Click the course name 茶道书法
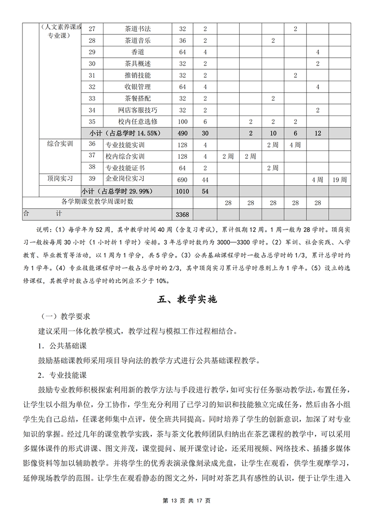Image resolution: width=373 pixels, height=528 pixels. [x=137, y=29]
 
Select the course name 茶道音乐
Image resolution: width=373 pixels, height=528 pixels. [x=137, y=40]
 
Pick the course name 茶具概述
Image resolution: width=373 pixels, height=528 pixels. [x=137, y=64]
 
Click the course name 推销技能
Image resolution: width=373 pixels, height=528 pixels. [x=137, y=75]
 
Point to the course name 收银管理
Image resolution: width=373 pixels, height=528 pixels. [x=137, y=87]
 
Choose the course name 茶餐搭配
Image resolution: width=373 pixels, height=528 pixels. [x=137, y=99]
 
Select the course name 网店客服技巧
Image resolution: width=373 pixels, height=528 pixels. [x=137, y=110]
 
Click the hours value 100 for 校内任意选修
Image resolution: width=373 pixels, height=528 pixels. [x=183, y=122]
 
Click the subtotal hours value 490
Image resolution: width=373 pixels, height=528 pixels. [x=183, y=133]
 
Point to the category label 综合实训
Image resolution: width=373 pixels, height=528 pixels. [x=60, y=144]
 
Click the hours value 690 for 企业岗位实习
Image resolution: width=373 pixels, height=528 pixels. [x=183, y=179]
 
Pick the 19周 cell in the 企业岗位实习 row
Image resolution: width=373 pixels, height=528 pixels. [x=339, y=179]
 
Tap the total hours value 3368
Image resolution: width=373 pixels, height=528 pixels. [x=183, y=214]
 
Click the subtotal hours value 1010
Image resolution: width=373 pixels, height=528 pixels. [x=183, y=191]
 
